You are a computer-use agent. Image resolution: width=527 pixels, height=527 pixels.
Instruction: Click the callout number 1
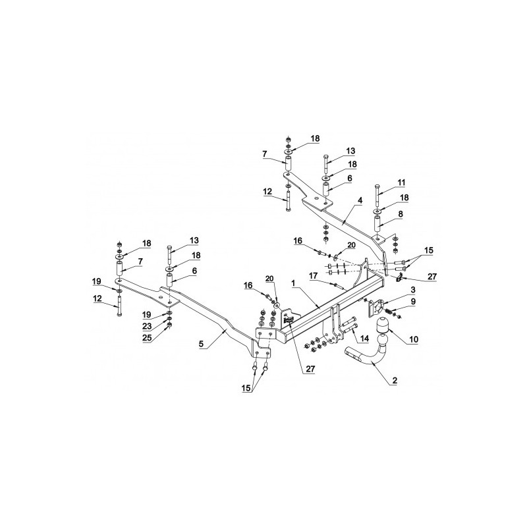tap(292, 283)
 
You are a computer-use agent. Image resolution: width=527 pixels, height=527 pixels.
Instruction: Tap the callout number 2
tap(395, 381)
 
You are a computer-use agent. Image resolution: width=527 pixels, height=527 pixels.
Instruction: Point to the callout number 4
tap(360, 201)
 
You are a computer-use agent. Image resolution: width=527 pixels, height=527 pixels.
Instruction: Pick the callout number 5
tap(202, 343)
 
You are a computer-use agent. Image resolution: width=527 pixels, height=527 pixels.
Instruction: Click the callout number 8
tap(401, 213)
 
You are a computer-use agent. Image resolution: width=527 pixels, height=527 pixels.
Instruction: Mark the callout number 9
tap(413, 302)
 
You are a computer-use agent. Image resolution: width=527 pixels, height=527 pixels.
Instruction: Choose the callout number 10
tap(414, 339)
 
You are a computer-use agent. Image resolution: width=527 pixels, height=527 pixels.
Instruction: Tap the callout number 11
tap(401, 183)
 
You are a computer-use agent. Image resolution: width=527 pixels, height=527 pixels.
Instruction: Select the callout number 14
tap(364, 339)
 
